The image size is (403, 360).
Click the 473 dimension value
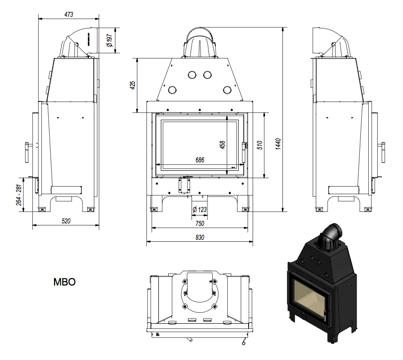68,15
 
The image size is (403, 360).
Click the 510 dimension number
259,144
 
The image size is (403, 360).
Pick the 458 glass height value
222,144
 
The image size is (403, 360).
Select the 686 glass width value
200,160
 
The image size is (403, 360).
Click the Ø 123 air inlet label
199,210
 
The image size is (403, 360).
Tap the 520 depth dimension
66,220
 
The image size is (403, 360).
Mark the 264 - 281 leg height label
18,195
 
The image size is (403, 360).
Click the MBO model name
64,282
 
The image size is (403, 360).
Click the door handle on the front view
244,146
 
